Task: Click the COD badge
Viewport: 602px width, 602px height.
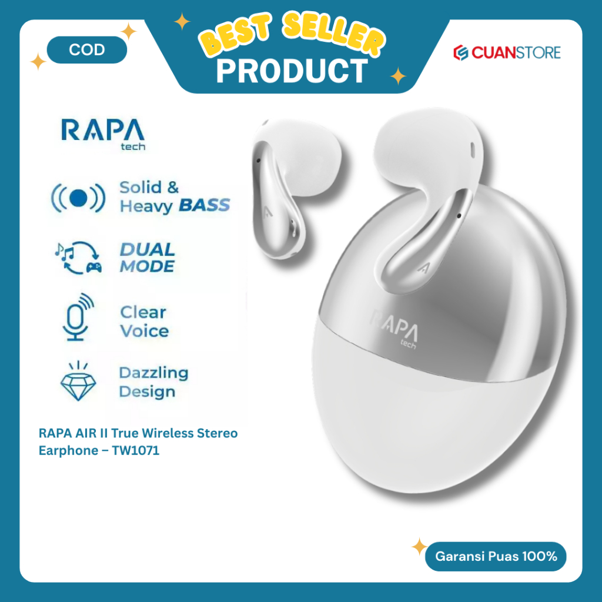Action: (x=86, y=50)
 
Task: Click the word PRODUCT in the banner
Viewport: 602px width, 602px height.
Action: (x=292, y=71)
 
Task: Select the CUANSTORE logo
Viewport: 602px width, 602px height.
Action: (x=506, y=52)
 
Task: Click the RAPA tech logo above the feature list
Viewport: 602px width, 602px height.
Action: (x=103, y=132)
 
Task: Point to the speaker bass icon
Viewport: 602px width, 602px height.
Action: (x=78, y=198)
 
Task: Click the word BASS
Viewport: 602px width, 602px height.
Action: (x=204, y=206)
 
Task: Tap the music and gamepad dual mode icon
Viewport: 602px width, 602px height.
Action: (x=78, y=257)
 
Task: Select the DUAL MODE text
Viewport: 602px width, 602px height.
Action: (x=147, y=257)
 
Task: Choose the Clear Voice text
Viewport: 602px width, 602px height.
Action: (x=144, y=321)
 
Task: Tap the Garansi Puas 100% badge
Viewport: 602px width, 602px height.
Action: (x=496, y=556)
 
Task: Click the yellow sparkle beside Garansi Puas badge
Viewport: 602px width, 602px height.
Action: (x=419, y=547)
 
